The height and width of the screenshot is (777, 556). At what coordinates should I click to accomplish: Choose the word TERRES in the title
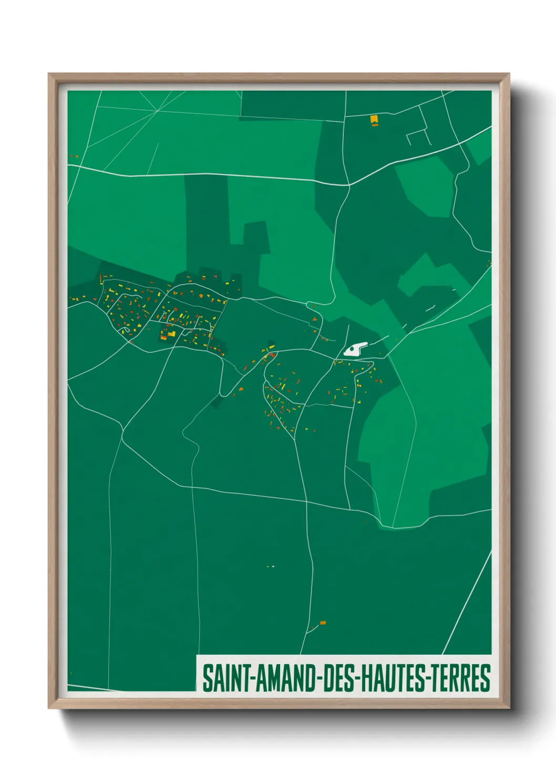click(x=462, y=678)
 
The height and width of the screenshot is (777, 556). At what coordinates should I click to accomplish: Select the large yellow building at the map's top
click(x=374, y=120)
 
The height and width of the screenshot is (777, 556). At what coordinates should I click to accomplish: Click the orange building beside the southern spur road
click(x=323, y=623)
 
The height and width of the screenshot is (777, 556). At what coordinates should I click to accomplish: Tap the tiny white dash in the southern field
click(x=273, y=566)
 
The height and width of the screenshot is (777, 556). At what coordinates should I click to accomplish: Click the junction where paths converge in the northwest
click(x=158, y=111)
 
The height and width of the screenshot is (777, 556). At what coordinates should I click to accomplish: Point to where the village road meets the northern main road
click(x=349, y=185)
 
